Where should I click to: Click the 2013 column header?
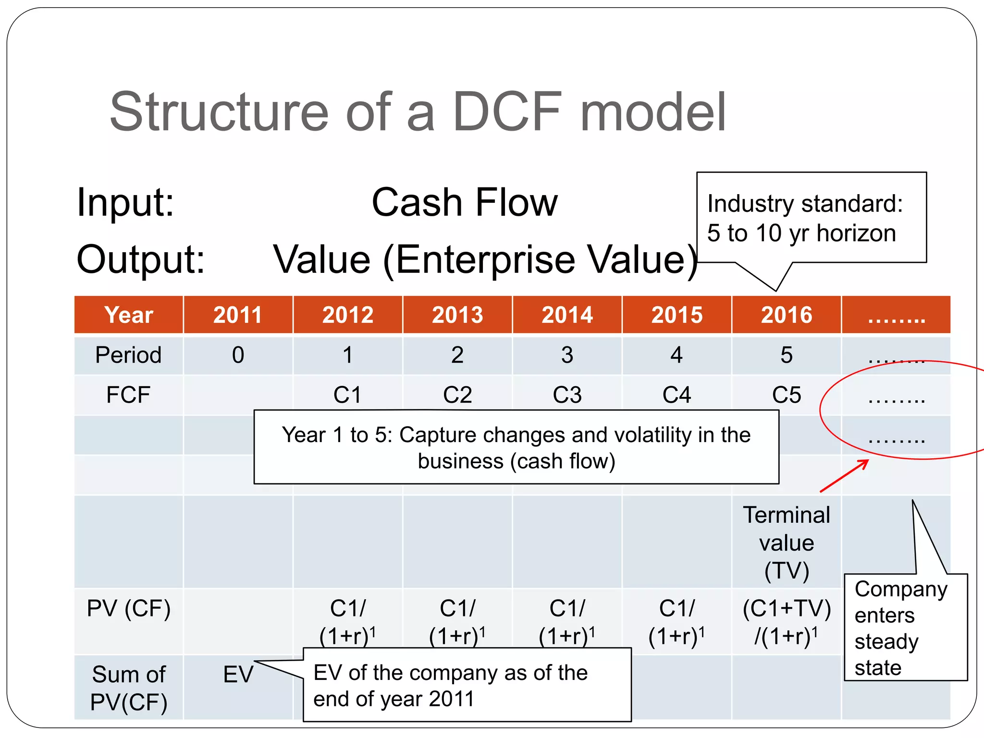(457, 315)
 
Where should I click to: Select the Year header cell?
(128, 315)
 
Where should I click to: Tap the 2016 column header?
(786, 315)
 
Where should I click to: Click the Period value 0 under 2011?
(238, 356)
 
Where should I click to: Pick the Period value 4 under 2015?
(676, 356)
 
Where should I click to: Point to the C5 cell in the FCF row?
(786, 395)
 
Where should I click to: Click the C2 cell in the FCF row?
(457, 395)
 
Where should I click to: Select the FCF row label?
(128, 395)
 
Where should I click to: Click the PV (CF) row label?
(128, 608)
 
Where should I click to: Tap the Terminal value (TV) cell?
(786, 543)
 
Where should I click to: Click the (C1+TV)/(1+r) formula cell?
(786, 622)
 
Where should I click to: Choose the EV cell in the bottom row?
(238, 675)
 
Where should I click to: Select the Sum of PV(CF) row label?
(128, 688)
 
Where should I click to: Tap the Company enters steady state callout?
(901, 628)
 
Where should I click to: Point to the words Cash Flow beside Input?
(464, 203)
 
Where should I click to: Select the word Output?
(140, 259)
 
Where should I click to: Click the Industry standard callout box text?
(805, 218)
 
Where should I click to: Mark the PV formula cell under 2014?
(567, 622)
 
